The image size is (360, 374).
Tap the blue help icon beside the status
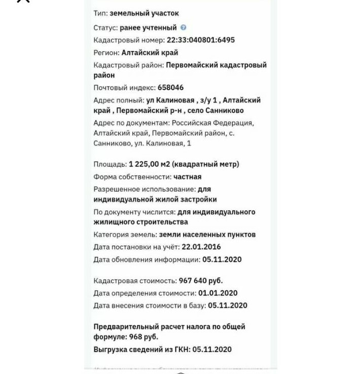pyautogui.click(x=184, y=28)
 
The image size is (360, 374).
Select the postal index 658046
pyautogui.click(x=170, y=88)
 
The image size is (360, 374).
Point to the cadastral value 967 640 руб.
pyautogui.click(x=200, y=281)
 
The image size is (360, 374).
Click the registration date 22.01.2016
pyautogui.click(x=201, y=247)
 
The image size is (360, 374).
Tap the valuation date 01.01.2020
pyautogui.click(x=218, y=293)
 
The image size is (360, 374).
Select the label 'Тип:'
pyautogui.click(x=100, y=13)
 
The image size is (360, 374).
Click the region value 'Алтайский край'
pyautogui.click(x=150, y=53)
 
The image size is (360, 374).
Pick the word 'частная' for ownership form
pyautogui.click(x=187, y=177)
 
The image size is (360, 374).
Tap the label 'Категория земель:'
pyautogui.click(x=125, y=235)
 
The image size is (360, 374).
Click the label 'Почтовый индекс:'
pyautogui.click(x=124, y=88)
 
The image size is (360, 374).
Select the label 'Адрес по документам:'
pyautogui.click(x=130, y=123)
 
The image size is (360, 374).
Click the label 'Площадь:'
pyautogui.click(x=110, y=164)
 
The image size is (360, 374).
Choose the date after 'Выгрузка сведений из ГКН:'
pyautogui.click(x=212, y=350)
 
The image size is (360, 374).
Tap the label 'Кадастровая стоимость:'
pyautogui.click(x=135, y=281)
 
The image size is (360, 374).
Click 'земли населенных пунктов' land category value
pyautogui.click(x=207, y=235)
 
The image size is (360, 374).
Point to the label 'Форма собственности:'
pyautogui.click(x=132, y=177)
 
